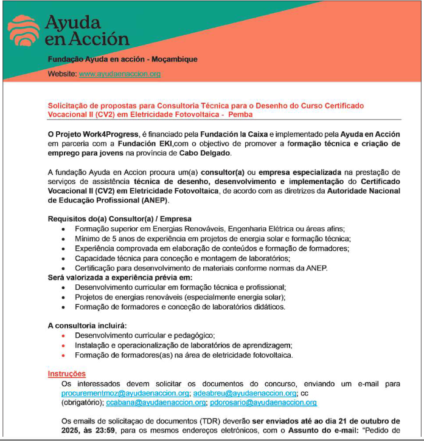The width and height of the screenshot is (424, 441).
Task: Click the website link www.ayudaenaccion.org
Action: [120, 74]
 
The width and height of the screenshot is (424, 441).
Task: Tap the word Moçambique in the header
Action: [175, 59]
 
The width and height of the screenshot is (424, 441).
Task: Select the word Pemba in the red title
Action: [241, 114]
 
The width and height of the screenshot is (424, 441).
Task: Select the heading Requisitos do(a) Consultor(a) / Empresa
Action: [119, 219]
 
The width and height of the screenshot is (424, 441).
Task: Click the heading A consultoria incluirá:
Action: [88, 326]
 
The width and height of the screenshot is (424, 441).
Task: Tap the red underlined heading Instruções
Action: [67, 374]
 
